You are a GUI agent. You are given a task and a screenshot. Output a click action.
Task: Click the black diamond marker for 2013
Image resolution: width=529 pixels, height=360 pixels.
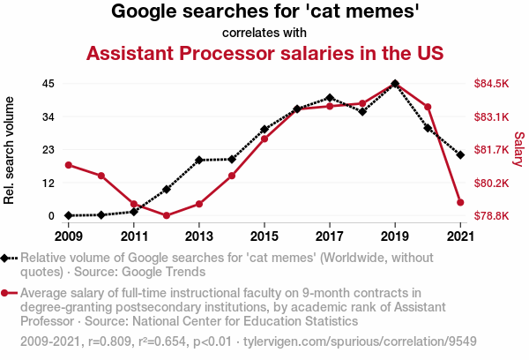[x=199, y=160]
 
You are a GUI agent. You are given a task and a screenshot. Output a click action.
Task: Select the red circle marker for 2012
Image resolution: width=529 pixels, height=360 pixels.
[x=167, y=215]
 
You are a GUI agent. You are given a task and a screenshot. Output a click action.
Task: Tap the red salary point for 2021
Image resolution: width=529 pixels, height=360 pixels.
[x=460, y=202]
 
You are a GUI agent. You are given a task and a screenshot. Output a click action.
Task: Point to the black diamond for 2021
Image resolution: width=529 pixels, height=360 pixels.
[x=460, y=154]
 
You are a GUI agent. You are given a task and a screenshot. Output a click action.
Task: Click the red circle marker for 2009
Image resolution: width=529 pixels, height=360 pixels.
[x=69, y=165]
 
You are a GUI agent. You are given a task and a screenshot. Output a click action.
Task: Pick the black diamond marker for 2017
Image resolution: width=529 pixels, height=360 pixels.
[x=330, y=98]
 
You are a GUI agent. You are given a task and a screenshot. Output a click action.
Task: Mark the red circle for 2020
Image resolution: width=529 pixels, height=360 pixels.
[x=428, y=107]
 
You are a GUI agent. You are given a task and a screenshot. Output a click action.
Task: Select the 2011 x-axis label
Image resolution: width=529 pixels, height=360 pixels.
[x=134, y=236]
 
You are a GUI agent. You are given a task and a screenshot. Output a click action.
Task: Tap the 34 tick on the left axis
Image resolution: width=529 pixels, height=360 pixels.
[x=48, y=116]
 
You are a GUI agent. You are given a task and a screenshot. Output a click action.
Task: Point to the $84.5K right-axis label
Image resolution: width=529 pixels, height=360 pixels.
[x=492, y=84]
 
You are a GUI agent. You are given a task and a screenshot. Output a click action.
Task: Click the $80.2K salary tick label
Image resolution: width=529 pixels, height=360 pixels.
[x=492, y=184]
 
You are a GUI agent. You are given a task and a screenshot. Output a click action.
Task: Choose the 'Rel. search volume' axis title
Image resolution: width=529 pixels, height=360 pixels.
[x=10, y=151]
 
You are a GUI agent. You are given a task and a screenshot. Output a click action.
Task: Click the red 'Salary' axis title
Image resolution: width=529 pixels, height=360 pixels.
[x=518, y=149]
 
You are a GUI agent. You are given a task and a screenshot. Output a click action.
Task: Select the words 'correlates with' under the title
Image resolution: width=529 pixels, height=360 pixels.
[x=264, y=34]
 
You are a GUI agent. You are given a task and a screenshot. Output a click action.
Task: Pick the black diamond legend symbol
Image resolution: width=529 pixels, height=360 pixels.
[x=9, y=259]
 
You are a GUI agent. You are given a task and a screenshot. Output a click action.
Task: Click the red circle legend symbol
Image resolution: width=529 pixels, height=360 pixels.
[x=9, y=293]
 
